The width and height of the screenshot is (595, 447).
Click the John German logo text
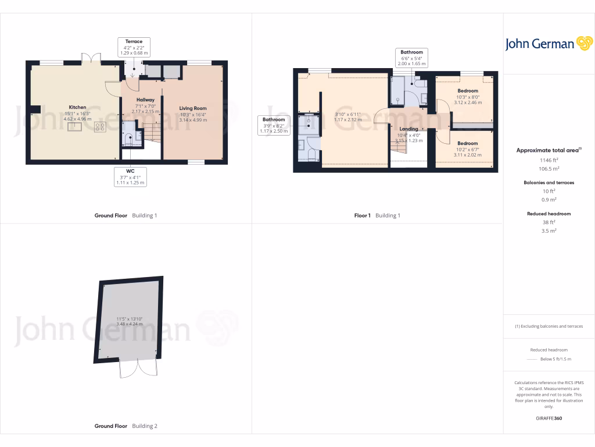539,44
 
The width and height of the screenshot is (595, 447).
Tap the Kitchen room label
77,107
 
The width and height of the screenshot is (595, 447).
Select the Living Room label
193,108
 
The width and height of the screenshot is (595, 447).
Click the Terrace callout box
134,47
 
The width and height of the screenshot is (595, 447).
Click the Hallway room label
145,100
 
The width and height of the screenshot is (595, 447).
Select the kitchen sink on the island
74,127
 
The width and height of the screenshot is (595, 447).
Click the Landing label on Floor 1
408,129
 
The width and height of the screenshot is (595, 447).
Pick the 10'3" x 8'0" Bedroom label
467,91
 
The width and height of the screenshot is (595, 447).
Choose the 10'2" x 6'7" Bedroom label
467,143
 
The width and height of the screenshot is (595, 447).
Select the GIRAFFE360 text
549,418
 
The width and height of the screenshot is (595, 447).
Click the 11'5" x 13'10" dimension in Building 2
130,318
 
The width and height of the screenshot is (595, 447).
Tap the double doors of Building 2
139,368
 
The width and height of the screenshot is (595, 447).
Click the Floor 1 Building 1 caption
377,215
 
